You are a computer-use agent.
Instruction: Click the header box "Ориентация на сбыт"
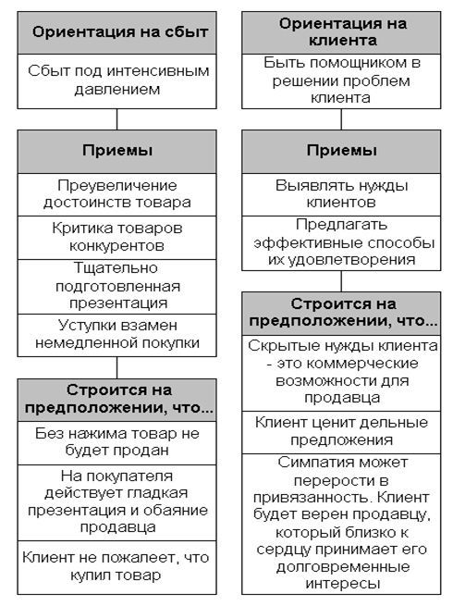[116, 32]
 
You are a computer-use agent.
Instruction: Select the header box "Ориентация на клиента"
[341, 32]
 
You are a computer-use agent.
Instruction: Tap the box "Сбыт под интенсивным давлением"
[116, 81]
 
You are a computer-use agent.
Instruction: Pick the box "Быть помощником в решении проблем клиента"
[341, 81]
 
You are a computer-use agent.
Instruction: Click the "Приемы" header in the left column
[116, 152]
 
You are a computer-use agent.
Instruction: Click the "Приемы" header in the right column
[341, 152]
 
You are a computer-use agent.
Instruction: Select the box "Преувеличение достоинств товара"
[116, 194]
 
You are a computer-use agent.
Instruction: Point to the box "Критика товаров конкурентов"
[116, 238]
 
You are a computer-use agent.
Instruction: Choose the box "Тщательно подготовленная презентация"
[116, 287]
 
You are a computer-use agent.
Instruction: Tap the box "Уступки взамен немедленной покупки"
[116, 335]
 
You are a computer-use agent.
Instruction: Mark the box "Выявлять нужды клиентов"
[341, 194]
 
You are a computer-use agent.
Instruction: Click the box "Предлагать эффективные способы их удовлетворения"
[341, 243]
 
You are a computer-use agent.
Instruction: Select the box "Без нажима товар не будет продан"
[116, 443]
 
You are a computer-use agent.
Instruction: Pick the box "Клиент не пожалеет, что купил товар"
[116, 567]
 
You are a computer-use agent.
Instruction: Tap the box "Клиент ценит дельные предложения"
[341, 432]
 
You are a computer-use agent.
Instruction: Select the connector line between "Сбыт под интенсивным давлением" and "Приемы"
[117, 119]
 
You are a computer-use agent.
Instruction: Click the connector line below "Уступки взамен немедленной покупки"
[117, 367]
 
